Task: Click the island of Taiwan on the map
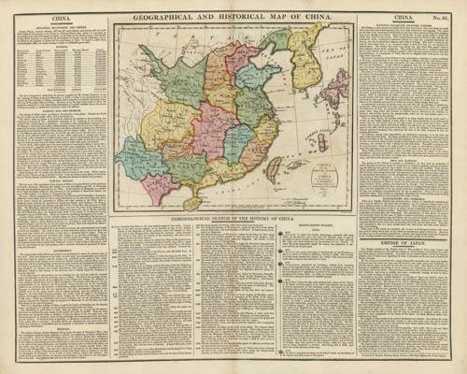pyautogui.click(x=275, y=169)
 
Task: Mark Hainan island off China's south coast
pyautogui.click(x=193, y=203)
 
